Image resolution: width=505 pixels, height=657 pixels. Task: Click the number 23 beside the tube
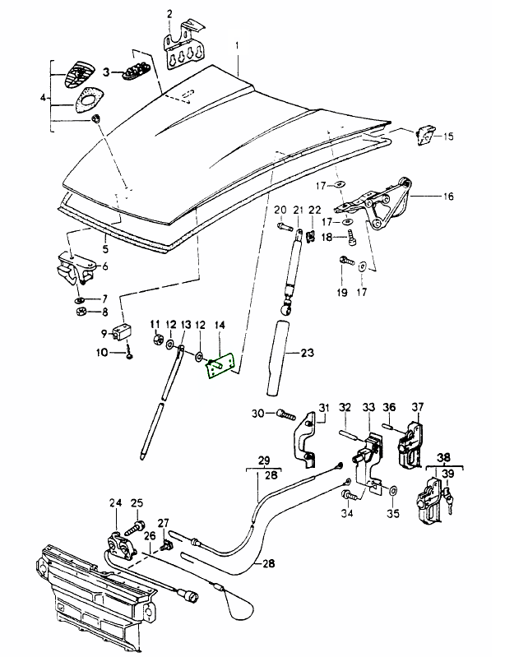pyautogui.click(x=306, y=354)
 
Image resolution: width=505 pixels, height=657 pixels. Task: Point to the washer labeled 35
pyautogui.click(x=391, y=491)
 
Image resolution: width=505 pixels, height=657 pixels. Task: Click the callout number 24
pyautogui.click(x=114, y=503)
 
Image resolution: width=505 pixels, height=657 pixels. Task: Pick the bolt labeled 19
pyautogui.click(x=345, y=264)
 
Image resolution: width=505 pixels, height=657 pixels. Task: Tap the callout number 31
pyautogui.click(x=323, y=407)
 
